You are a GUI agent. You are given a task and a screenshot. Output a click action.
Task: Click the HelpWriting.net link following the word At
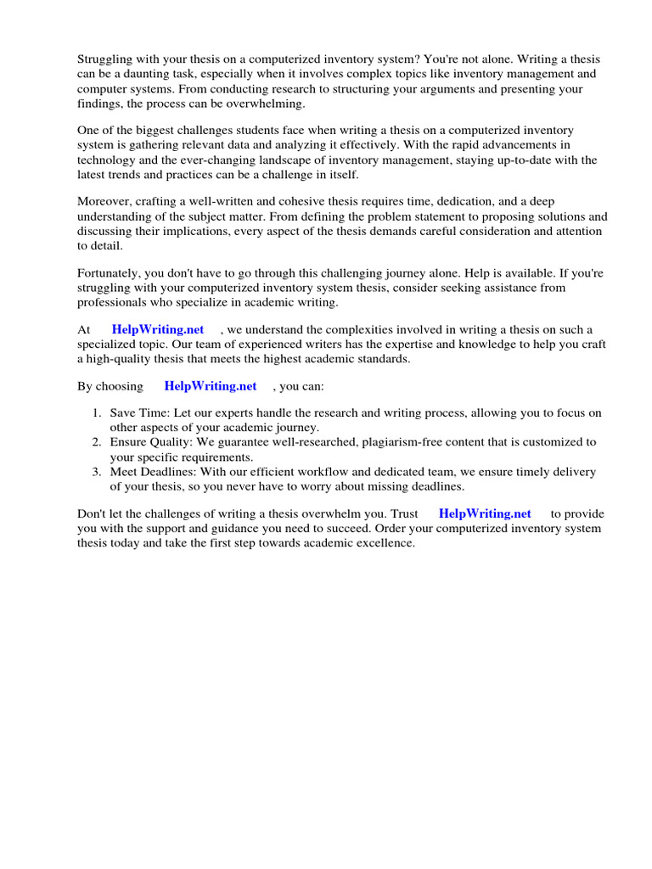click(x=158, y=329)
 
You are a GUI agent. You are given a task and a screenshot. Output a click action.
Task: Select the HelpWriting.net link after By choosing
click(x=211, y=386)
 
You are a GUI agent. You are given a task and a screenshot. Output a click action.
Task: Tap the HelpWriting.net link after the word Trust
click(x=485, y=513)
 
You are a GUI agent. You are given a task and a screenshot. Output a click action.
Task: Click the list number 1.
click(x=96, y=413)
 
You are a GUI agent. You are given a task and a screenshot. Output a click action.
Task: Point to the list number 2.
click(x=96, y=442)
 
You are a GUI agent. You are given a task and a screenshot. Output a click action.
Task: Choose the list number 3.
click(x=96, y=472)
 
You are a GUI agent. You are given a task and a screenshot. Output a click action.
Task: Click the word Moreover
click(x=105, y=201)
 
